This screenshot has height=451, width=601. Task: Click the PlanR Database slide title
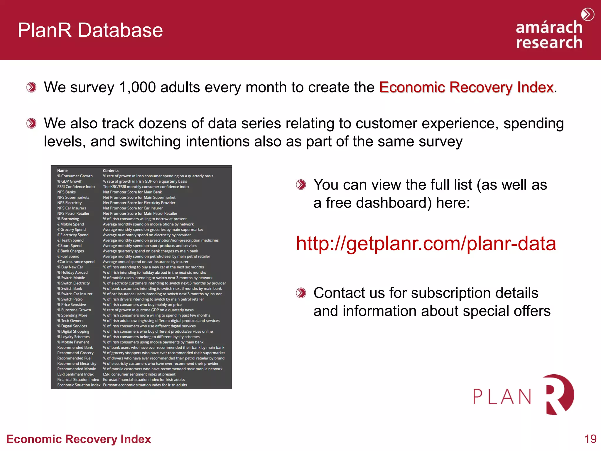coord(90,30)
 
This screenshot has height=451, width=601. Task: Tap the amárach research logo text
coord(549,35)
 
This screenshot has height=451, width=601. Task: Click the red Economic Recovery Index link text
coord(466,87)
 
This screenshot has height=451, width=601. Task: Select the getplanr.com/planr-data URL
coord(426,243)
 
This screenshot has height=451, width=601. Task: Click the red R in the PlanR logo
coord(559,394)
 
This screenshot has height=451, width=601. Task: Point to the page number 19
coord(590,439)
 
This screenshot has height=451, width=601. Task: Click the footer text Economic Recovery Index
coord(79,439)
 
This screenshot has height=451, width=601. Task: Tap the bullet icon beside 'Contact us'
coord(301,293)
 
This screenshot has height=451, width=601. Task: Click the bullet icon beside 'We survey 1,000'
coord(31,87)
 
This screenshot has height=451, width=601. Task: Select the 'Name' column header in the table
coord(62,171)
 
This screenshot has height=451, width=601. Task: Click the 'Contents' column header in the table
coord(111,171)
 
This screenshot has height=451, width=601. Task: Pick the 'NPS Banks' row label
coord(66,192)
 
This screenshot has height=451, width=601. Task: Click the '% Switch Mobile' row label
coord(71,278)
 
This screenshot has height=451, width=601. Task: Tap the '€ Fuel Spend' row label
coord(68,256)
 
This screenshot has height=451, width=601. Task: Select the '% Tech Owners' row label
coord(70,321)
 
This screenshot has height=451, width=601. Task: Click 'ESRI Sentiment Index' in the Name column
coord(75,374)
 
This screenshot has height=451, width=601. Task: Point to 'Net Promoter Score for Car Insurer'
coord(133,208)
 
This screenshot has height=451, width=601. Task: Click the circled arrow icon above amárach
coord(588,14)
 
